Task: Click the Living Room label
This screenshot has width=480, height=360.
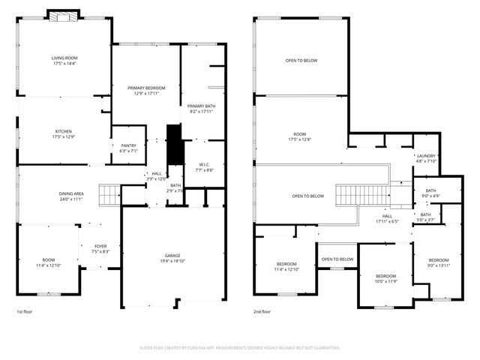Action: click(x=64, y=61)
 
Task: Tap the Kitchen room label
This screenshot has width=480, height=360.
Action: click(x=64, y=133)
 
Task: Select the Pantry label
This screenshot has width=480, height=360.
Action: click(x=124, y=148)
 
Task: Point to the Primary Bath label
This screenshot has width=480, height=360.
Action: click(x=201, y=109)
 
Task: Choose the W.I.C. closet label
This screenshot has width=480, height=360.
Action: click(x=205, y=167)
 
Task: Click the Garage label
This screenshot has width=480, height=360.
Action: click(x=172, y=259)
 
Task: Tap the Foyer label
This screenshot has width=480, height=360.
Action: click(x=100, y=249)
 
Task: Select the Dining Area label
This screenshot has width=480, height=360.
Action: click(x=71, y=196)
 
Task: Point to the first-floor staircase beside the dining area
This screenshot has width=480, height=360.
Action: click(x=110, y=194)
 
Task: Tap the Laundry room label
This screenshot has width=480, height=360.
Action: click(x=426, y=157)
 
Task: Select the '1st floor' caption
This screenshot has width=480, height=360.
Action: click(x=25, y=311)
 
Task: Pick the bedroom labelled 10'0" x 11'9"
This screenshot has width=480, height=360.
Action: click(x=385, y=279)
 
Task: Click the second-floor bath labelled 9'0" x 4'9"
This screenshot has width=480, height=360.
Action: click(x=430, y=193)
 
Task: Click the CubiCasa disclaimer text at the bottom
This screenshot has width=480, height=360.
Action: click(x=240, y=347)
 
